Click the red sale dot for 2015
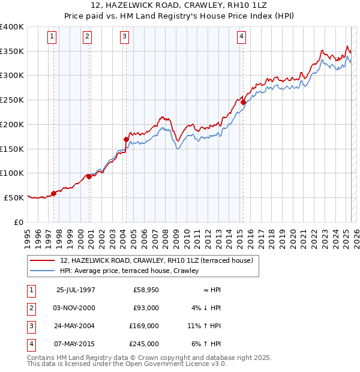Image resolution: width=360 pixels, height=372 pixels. click(x=243, y=103)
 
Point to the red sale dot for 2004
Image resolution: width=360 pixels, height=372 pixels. click(x=126, y=140)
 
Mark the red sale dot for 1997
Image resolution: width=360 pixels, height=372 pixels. click(x=53, y=193)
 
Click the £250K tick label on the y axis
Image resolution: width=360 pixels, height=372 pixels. click(x=12, y=100)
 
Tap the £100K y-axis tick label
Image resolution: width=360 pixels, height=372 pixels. click(x=12, y=173)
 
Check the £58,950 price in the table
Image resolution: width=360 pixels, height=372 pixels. click(x=145, y=290)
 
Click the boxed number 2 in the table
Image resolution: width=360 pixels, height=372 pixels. click(x=31, y=308)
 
